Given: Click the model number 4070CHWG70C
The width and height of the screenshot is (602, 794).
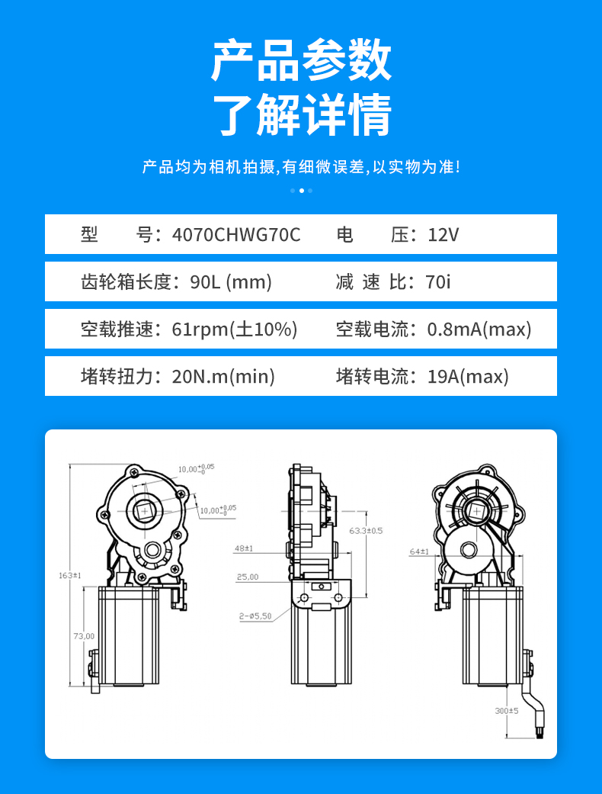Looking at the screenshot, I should (x=236, y=235).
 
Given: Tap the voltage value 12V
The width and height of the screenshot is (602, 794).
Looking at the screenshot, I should (x=443, y=235).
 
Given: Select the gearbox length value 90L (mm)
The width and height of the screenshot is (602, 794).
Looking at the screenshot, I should (x=231, y=282).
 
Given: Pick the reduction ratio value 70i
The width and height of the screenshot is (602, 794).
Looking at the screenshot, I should (x=438, y=282).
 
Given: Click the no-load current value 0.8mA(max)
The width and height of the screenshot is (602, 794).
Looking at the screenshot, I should (x=479, y=329).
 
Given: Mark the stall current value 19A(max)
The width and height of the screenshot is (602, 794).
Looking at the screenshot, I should (x=467, y=377).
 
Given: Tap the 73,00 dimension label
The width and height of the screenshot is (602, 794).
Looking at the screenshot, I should (x=84, y=635).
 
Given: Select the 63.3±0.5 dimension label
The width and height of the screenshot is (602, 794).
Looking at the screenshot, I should (x=366, y=530).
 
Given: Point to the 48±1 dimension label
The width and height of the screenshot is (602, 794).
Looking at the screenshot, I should (x=244, y=548).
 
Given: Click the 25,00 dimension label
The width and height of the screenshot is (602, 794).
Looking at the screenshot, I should (x=247, y=577).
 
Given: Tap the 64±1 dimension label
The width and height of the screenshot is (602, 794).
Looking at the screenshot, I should (x=419, y=551).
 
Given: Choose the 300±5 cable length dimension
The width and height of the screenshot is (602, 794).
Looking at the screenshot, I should (x=506, y=710).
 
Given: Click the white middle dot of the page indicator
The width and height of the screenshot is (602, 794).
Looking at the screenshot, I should (x=301, y=191).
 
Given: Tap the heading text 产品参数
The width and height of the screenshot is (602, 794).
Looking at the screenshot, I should (x=301, y=61).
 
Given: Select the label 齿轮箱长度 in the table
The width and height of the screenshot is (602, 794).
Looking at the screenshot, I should (x=126, y=282).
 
